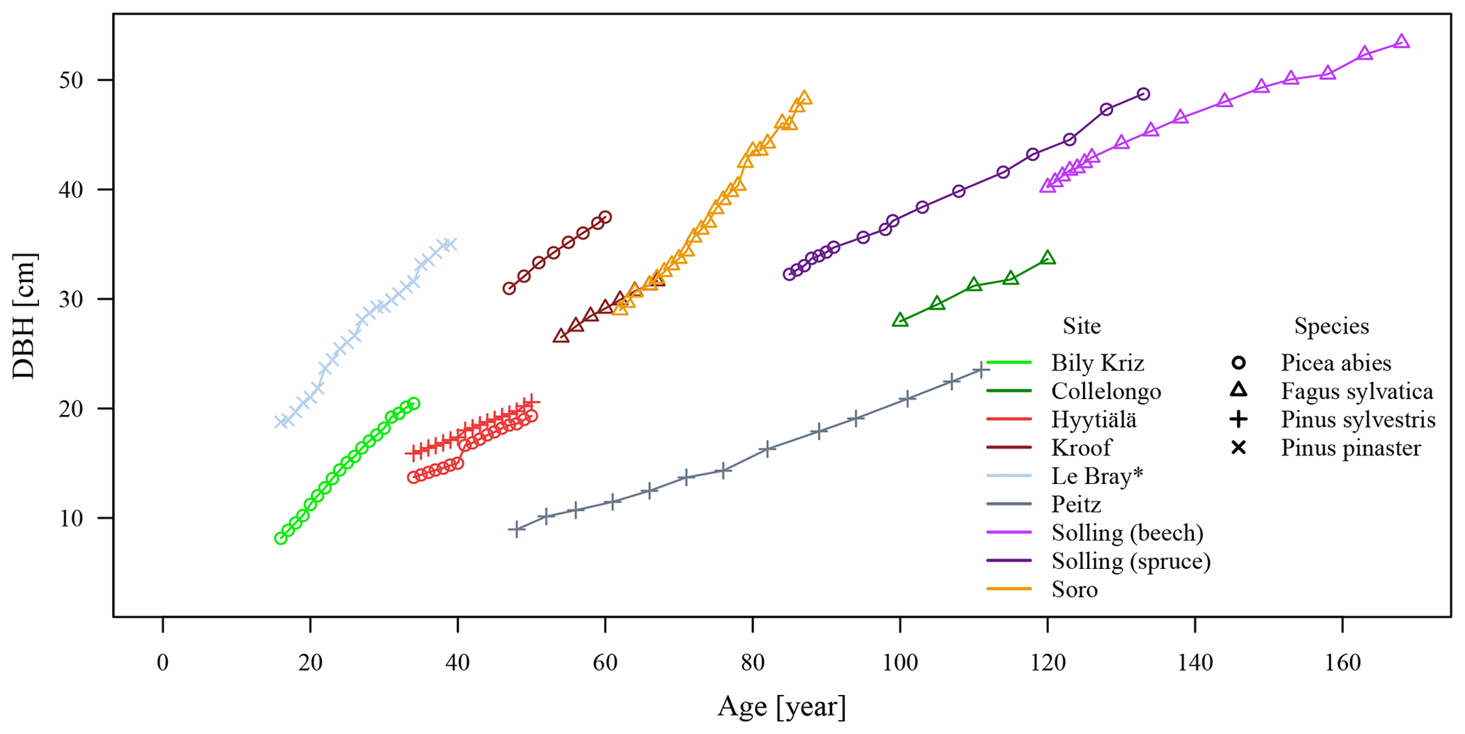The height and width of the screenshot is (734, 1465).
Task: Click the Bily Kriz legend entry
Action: (x=1097, y=363)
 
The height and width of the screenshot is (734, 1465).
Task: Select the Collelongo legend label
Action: (x=1106, y=392)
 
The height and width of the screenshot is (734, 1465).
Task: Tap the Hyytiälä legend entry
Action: (x=1094, y=420)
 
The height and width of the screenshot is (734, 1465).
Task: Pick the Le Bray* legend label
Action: (x=1097, y=477)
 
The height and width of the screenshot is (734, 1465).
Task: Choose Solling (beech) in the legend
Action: (x=1127, y=533)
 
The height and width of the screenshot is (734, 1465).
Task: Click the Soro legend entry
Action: (x=1074, y=590)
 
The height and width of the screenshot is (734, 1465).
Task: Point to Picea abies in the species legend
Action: (x=1335, y=363)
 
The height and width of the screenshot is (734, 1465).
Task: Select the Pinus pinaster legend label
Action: (x=1350, y=448)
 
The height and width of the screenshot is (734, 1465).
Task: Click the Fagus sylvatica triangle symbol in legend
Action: (x=1238, y=390)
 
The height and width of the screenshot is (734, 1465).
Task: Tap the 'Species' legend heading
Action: (x=1331, y=326)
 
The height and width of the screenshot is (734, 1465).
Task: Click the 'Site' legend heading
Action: (x=1082, y=326)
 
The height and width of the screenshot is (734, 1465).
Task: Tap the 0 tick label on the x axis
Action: (x=163, y=664)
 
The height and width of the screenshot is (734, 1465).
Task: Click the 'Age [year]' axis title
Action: (x=781, y=707)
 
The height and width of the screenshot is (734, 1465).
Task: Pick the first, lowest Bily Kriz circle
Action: (x=281, y=538)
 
